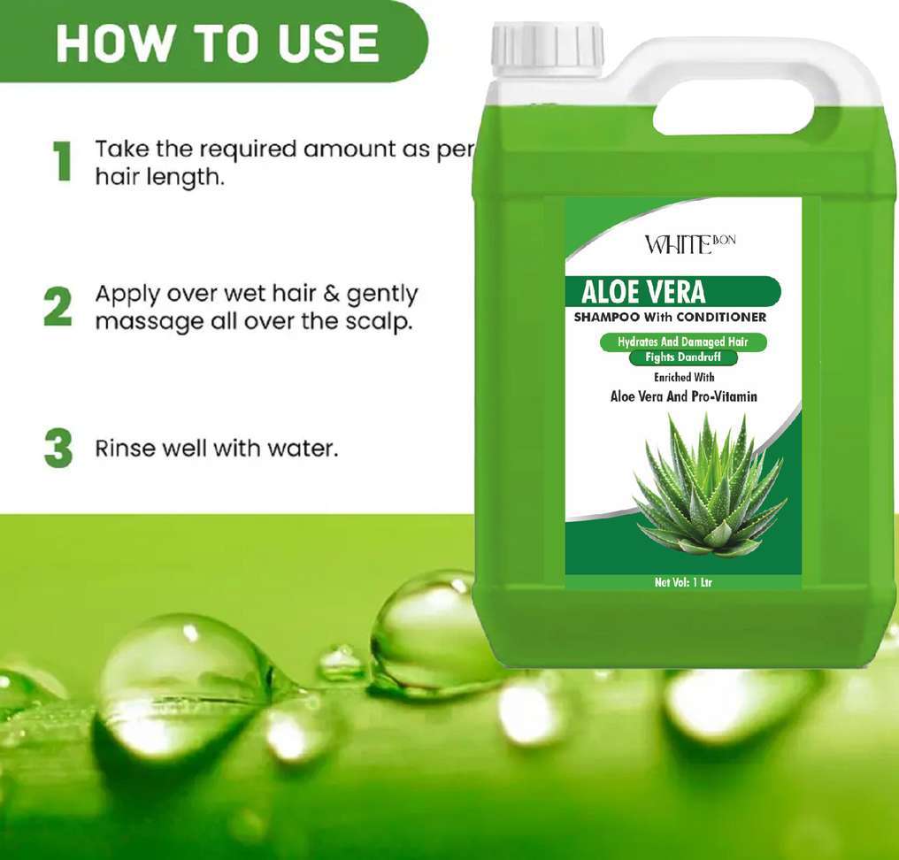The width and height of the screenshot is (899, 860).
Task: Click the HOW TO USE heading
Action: (218, 43)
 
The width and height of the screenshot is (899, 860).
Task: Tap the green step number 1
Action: (62, 162)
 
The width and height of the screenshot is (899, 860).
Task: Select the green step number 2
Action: (58, 307)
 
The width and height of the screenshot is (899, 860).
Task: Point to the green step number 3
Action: (58, 448)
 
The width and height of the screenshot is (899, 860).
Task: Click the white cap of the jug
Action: (547, 50)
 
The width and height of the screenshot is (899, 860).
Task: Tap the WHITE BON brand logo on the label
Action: (689, 243)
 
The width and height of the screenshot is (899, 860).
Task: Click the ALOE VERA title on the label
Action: (643, 291)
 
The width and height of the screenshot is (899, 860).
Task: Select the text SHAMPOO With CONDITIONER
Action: (670, 317)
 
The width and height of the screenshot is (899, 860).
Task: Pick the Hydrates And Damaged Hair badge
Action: (683, 342)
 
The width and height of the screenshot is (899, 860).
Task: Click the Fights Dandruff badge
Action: (683, 357)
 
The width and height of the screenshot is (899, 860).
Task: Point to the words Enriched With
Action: (684, 377)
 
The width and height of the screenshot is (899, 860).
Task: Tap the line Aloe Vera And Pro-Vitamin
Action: (683, 396)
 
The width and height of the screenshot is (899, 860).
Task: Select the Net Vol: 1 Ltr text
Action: (683, 582)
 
